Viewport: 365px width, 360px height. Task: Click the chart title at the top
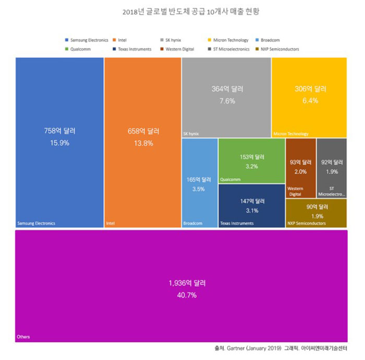pos(182,11)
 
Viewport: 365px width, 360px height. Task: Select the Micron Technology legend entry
pos(230,40)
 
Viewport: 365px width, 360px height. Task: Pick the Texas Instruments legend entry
pos(131,49)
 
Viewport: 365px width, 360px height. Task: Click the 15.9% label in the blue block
pos(59,142)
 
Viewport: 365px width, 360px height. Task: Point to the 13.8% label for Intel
pos(142,143)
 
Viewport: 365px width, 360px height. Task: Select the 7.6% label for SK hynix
pos(226,101)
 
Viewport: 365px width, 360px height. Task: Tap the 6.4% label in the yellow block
pos(310,101)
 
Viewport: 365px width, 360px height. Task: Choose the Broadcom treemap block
pos(199,182)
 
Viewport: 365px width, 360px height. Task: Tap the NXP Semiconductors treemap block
pos(316,213)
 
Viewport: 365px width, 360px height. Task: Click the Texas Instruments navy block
pos(251,206)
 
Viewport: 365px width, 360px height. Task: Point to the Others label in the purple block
pos(23,337)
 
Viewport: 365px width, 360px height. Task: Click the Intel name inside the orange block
pos(110,224)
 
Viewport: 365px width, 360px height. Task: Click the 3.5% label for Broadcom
pos(199,189)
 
